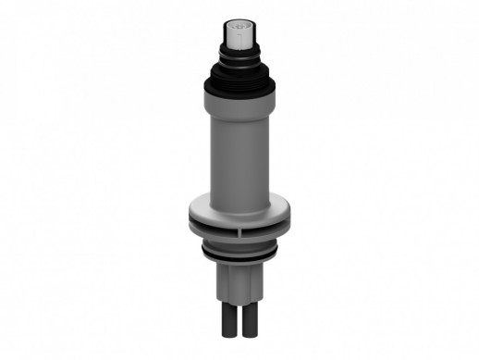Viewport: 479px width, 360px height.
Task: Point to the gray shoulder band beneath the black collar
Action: pos(239,93)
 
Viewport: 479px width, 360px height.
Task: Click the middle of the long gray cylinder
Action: pos(239,148)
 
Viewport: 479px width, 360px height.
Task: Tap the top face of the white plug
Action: pos(239,20)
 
